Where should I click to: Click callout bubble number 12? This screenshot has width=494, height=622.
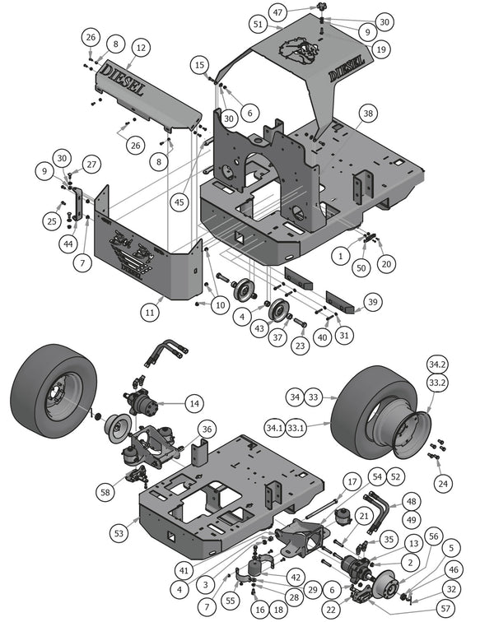pyautogui.click(x=140, y=49)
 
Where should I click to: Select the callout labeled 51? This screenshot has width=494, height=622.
pyautogui.click(x=258, y=26)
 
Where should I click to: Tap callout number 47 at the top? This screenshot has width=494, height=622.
pyautogui.click(x=278, y=12)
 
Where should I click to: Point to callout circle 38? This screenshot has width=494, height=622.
pyautogui.click(x=367, y=113)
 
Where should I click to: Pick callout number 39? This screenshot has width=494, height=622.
pyautogui.click(x=373, y=303)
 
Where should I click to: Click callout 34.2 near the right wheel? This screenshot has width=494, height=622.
pyautogui.click(x=436, y=364)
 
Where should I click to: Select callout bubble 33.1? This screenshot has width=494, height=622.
pyautogui.click(x=297, y=427)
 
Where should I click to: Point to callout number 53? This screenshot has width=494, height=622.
pyautogui.click(x=120, y=534)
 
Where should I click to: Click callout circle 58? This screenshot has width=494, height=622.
pyautogui.click(x=105, y=491)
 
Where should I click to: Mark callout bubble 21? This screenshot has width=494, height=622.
pyautogui.click(x=363, y=516)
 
